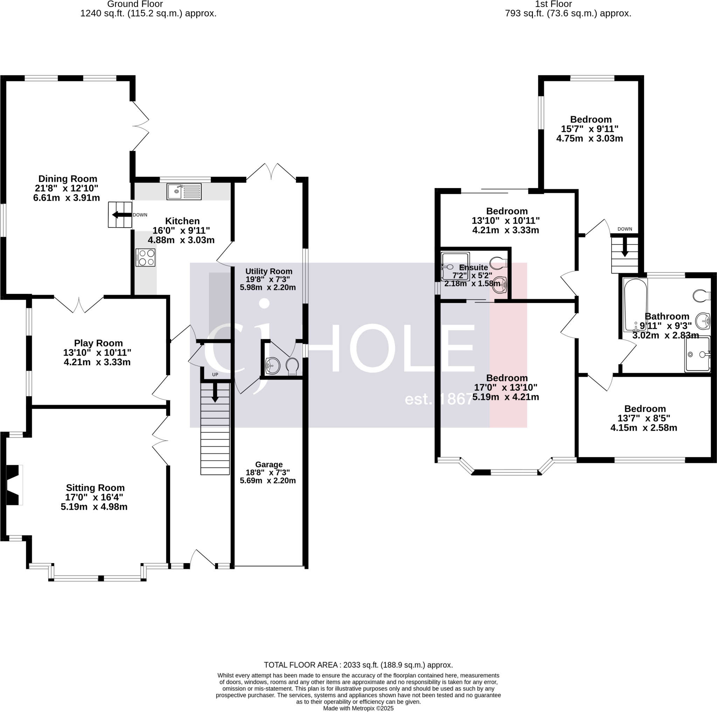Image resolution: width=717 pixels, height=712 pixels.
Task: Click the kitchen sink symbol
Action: click(x=184, y=192)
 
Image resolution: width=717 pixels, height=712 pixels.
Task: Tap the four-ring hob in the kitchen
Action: click(x=146, y=258)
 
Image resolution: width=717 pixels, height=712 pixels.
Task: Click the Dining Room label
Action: click(x=68, y=179)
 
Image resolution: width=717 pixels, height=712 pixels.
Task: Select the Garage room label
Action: click(x=269, y=464)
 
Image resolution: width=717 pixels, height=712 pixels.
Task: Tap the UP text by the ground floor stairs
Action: click(x=215, y=374)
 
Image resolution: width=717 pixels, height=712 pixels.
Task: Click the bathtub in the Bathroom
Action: click(x=635, y=305)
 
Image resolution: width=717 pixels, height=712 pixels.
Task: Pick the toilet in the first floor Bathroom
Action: click(x=701, y=296)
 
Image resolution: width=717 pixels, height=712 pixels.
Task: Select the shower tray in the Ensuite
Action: click(x=455, y=266)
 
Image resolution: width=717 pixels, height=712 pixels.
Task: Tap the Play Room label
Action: click(x=98, y=343)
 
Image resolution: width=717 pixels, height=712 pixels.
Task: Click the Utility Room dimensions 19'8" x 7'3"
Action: click(x=267, y=279)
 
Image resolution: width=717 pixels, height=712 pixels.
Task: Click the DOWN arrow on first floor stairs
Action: click(x=625, y=247)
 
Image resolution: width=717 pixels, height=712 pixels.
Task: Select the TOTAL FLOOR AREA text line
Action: click(x=358, y=665)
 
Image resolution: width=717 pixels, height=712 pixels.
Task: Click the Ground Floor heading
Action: click(x=135, y=5)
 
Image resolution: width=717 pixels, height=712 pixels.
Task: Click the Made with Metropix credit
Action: click(x=358, y=708)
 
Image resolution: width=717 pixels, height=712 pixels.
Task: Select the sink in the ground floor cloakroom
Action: click(x=272, y=365)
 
